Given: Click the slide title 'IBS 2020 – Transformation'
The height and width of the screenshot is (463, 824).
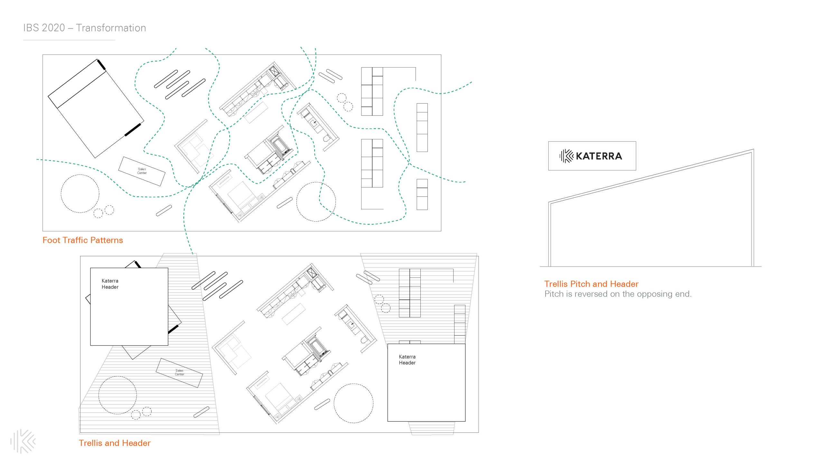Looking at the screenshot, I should (x=84, y=28).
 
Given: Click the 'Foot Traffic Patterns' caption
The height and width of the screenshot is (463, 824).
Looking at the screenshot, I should (x=83, y=240).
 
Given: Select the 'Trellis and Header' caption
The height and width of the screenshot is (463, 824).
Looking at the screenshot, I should (x=115, y=443).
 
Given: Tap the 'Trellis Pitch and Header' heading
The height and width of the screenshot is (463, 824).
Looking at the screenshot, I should (x=591, y=284).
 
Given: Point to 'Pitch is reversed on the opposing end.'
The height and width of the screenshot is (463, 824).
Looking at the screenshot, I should (x=618, y=294).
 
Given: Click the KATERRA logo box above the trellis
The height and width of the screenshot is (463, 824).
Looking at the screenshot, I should (x=592, y=156).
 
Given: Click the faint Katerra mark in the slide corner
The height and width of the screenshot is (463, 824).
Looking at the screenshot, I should (x=23, y=441).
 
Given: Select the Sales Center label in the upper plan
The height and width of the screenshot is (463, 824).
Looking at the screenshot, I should (x=142, y=171).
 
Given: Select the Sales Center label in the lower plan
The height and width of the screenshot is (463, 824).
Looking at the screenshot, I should (x=179, y=372).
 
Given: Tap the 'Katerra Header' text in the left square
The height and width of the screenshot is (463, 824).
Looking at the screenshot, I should (x=110, y=284).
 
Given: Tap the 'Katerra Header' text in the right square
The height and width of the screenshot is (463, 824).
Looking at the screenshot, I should (x=407, y=360).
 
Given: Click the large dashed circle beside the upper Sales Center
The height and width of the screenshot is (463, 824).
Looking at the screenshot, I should (x=80, y=194).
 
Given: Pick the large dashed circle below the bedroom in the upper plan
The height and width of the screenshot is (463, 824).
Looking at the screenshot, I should (x=316, y=202).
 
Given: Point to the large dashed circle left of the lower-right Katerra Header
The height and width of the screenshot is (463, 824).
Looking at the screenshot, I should (x=353, y=403).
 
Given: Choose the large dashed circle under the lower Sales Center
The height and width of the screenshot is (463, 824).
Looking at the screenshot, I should (x=117, y=395).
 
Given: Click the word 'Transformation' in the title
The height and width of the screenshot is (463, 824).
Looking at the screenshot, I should (x=111, y=28).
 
